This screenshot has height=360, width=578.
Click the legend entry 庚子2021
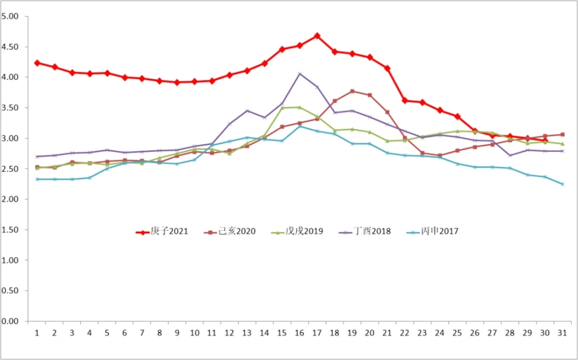coord(161,232)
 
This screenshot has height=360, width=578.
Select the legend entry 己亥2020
coord(234,232)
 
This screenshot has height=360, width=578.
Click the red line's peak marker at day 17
coord(317,36)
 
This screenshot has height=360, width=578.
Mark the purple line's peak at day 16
coord(299,73)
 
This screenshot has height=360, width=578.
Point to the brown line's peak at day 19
coord(352,91)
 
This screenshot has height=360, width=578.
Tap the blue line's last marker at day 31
coord(562,184)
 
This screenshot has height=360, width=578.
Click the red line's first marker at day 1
coord(37,63)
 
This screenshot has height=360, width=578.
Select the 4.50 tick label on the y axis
coord(11,47)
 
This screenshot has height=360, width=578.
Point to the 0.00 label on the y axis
coord(11,321)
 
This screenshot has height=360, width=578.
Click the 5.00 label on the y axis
coord(11,16)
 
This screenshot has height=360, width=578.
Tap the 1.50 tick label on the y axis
coord(11,230)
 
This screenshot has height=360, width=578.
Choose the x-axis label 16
coord(299,333)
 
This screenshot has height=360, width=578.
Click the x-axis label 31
coord(562,333)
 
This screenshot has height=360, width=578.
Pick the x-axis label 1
coord(37,333)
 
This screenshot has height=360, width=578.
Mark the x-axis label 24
coord(439,333)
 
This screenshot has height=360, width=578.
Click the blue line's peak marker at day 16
coord(299,126)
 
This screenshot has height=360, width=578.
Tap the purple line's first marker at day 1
coord(37,157)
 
